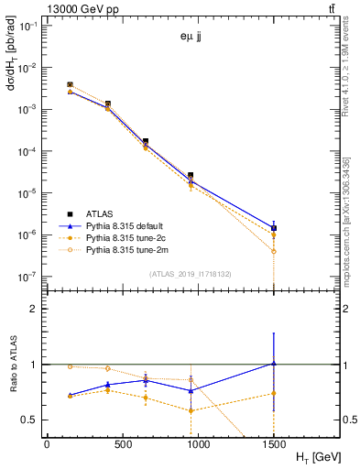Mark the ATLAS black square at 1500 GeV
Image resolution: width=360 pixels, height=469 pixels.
tap(274, 228)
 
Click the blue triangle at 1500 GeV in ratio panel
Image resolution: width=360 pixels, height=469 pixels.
tap(274, 364)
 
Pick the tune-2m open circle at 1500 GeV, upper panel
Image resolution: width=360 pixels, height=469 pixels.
tap(274, 251)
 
